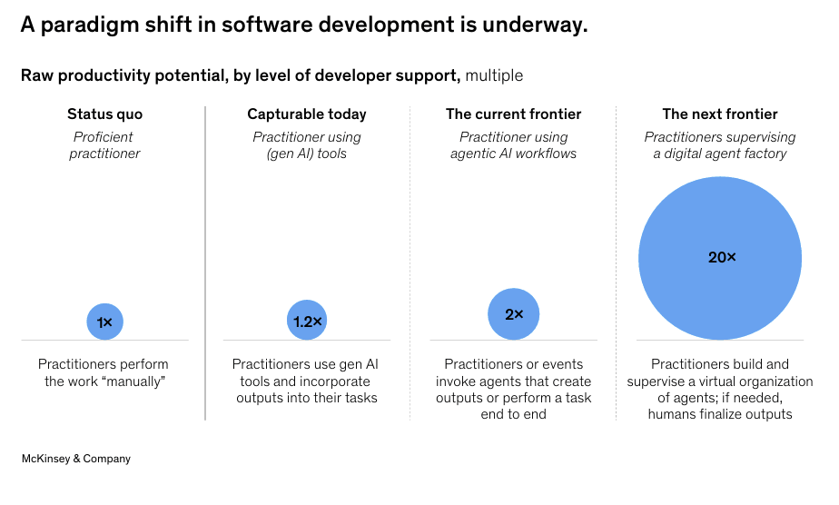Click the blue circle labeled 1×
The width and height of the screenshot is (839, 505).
click(104, 322)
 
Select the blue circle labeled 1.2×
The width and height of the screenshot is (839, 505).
click(307, 321)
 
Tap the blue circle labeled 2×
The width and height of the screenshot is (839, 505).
click(513, 314)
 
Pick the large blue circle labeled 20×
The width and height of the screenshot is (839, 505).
click(720, 258)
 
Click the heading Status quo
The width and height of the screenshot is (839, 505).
click(104, 114)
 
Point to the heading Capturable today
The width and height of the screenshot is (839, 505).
click(307, 114)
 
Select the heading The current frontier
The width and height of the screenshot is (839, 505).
click(513, 114)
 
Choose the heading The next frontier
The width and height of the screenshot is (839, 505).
click(720, 114)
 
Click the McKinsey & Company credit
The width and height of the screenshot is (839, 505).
click(76, 459)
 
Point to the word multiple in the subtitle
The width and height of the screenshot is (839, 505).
click(494, 75)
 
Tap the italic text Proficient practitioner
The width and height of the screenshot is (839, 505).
click(104, 145)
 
